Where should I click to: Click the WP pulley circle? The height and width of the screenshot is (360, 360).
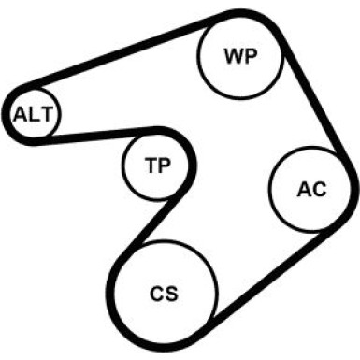[239, 53]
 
